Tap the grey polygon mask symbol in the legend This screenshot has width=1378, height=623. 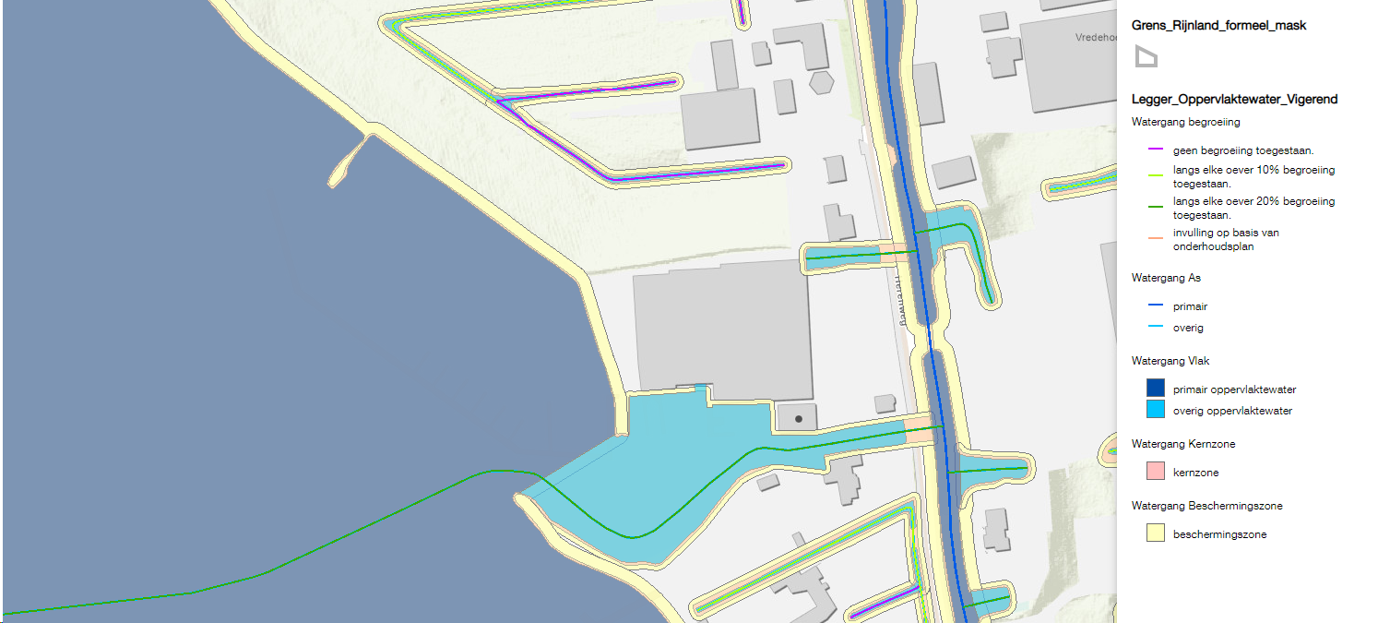coord(1146,57)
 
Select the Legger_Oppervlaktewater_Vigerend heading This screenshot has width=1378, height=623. coord(1234,99)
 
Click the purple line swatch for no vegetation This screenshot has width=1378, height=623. coord(1154,150)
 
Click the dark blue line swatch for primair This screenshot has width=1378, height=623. coord(1154,306)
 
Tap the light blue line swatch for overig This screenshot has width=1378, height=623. coord(1154,328)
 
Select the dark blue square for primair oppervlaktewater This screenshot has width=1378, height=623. coord(1155,389)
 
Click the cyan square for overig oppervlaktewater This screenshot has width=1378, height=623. coord(1155,411)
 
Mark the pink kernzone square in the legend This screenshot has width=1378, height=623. coord(1155,472)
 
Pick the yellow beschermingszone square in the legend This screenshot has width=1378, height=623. coord(1155,533)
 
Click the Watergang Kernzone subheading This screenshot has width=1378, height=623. coord(1183,444)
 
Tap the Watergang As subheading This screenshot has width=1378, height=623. coord(1166,277)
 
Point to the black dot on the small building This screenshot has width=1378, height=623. coord(799,419)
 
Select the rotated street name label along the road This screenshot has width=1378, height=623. coord(896,302)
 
